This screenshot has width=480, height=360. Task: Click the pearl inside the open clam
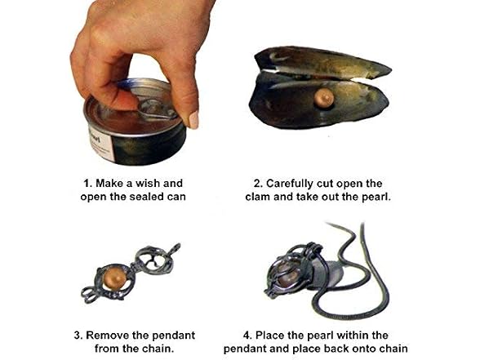click(x=324, y=98)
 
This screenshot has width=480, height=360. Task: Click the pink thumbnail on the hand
click(x=193, y=120)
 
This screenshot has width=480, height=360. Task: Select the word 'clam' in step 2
click(x=258, y=197)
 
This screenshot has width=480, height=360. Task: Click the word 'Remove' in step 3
click(x=104, y=336)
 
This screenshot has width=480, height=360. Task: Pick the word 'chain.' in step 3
click(x=158, y=349)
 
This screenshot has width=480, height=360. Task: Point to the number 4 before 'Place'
click(x=246, y=336)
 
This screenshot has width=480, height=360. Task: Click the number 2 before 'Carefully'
click(x=256, y=184)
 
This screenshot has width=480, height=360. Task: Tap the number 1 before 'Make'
click(x=87, y=184)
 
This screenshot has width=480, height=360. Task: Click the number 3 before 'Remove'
click(x=77, y=336)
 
